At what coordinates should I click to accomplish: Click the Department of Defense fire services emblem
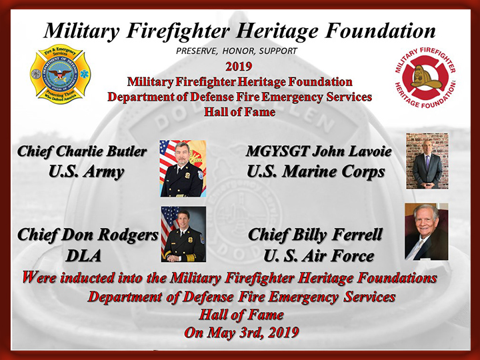coord(60,74)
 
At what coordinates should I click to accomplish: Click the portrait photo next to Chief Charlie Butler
coord(183,169)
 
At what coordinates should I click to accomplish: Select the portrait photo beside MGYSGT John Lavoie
coord(427,161)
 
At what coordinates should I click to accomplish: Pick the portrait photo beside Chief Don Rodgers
coord(183,234)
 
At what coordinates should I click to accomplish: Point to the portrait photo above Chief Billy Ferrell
coord(427,232)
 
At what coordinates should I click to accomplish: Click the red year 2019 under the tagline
coord(239,67)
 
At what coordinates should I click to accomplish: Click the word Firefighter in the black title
coord(178,31)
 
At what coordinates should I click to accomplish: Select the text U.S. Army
coord(86,172)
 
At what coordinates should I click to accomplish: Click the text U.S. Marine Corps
coord(315,172)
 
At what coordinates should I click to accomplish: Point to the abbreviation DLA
coord(83,256)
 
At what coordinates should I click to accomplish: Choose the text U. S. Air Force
coord(319,256)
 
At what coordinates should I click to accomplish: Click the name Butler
coord(126,151)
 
